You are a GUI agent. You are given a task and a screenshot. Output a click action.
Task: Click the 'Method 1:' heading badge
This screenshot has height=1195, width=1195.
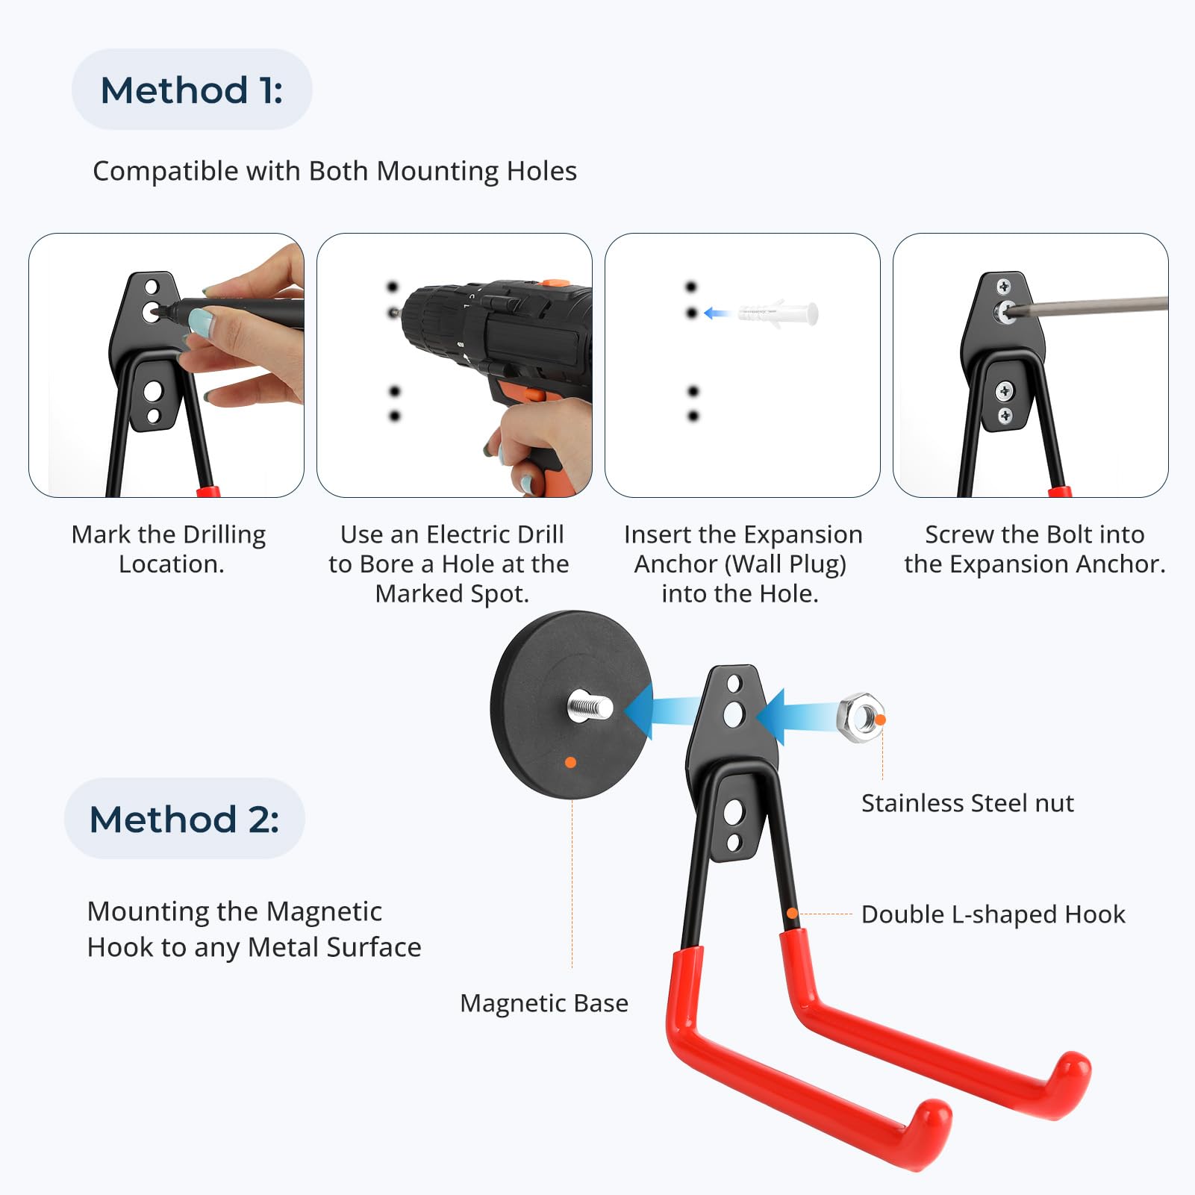[x=192, y=90]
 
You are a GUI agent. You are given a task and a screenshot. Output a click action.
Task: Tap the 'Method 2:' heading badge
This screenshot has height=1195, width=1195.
[x=184, y=819]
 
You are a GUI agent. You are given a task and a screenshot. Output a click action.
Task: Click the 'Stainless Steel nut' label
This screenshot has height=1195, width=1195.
[x=967, y=803]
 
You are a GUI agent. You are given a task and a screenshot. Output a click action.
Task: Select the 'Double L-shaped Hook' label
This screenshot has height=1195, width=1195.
[x=993, y=914]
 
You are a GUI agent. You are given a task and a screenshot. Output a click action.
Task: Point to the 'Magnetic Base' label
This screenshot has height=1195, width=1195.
[x=544, y=1003]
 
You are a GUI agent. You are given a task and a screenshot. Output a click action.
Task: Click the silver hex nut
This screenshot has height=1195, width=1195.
[x=861, y=717]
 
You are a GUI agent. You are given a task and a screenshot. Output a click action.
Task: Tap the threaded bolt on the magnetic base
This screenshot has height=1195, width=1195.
[x=590, y=706]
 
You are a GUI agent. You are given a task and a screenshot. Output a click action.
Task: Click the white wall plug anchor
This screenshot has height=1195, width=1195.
[x=778, y=313]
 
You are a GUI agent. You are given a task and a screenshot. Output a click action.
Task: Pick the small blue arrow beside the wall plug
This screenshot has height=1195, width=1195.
[x=717, y=313]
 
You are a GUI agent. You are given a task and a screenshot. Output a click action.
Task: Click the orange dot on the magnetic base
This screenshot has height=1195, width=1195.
[x=570, y=762]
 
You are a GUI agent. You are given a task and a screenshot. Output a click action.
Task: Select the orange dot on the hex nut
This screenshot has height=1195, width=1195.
[x=881, y=720]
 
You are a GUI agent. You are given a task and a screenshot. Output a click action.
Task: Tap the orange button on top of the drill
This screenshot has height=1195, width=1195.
[x=554, y=283]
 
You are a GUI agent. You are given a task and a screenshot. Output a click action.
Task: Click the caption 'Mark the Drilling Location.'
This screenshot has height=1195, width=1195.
[x=169, y=549]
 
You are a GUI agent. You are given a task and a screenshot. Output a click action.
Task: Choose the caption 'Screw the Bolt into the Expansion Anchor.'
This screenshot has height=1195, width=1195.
[x=1035, y=549]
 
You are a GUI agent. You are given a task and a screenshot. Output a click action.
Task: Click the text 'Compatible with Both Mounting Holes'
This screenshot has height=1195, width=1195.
[x=334, y=171]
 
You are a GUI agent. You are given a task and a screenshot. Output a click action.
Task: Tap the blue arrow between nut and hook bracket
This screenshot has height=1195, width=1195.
[x=799, y=717]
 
